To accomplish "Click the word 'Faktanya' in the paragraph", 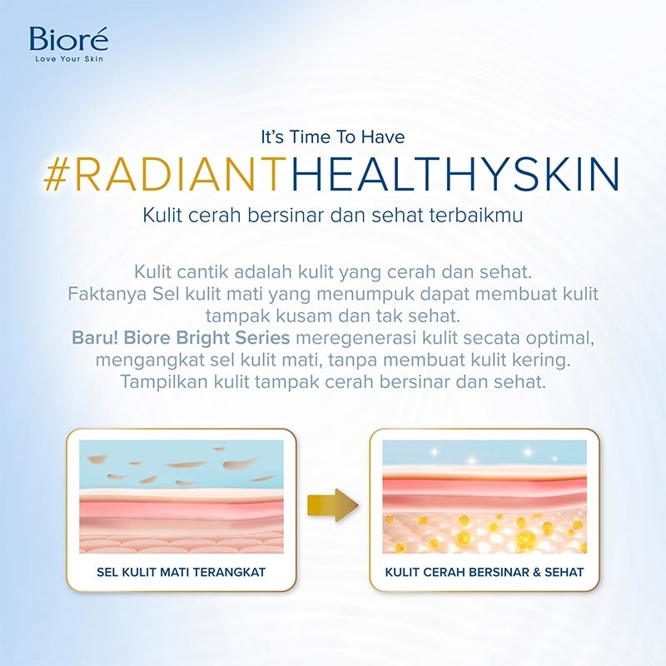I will [x=99, y=296].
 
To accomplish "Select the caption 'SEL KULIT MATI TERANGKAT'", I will [x=181, y=572].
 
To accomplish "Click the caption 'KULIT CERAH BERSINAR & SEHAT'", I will [x=484, y=572].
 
